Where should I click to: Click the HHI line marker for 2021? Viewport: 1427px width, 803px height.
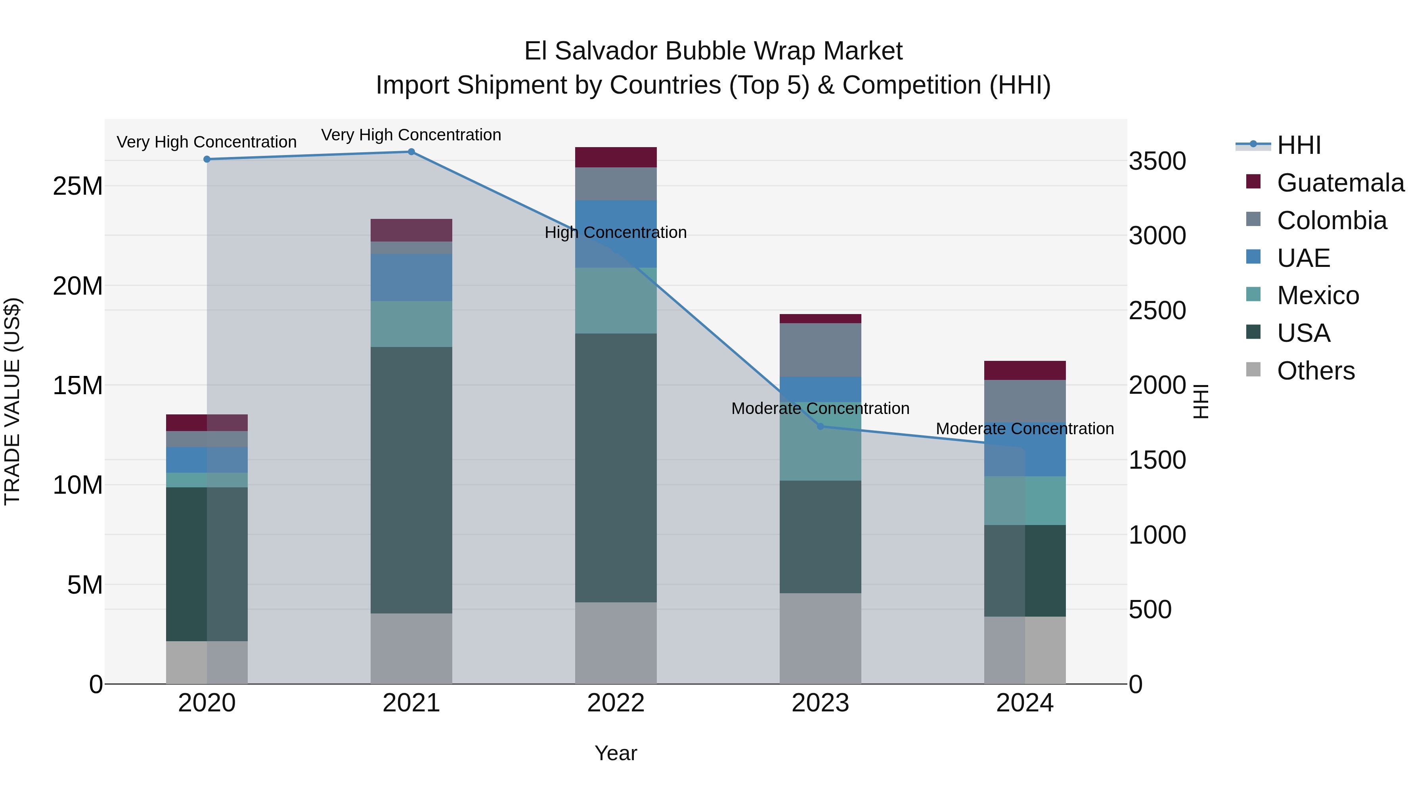tap(411, 152)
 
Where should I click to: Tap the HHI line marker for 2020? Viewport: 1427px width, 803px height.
tap(207, 159)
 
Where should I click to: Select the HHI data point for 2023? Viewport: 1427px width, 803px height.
tap(821, 426)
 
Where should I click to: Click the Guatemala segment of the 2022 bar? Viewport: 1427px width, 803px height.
tap(616, 157)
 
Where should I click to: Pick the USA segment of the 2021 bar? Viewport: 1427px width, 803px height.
tap(411, 480)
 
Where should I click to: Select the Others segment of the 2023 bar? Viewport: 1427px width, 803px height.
tap(821, 638)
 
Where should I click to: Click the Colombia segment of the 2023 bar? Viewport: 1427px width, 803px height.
tap(821, 350)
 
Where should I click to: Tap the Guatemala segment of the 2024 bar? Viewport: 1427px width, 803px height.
tap(1025, 370)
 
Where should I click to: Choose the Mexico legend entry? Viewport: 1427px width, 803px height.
tap(1317, 295)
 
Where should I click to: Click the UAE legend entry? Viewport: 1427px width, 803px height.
tap(1303, 258)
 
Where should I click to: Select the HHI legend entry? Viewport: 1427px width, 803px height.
tap(1299, 145)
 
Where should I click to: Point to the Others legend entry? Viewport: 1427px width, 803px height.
tap(1315, 371)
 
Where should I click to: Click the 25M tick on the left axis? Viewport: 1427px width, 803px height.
tap(78, 186)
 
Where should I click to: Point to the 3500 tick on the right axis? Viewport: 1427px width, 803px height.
tap(1157, 161)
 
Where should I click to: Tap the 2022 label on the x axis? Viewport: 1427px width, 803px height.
tap(616, 703)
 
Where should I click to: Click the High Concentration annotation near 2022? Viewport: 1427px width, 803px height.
tap(616, 232)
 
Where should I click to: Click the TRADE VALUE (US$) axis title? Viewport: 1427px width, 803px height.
tap(12, 401)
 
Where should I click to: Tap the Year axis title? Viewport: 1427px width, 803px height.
tap(616, 753)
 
